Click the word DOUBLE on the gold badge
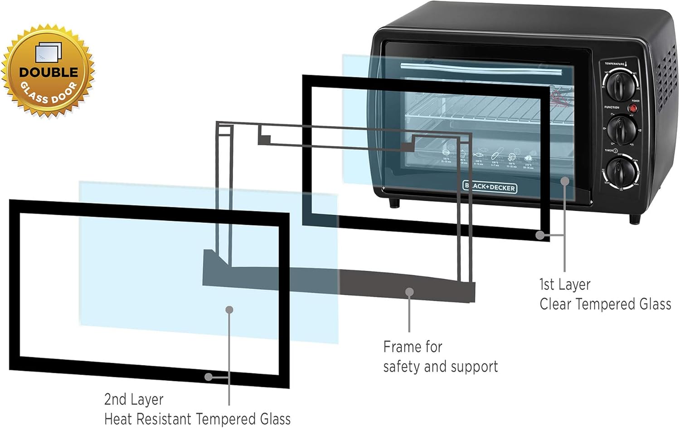(x=48, y=72)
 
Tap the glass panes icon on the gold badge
(x=48, y=52)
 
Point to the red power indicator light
(x=633, y=109)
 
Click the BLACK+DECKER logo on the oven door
(x=490, y=187)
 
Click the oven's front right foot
(x=635, y=219)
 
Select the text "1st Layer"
(x=565, y=284)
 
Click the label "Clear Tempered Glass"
(x=605, y=304)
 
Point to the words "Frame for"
(x=413, y=347)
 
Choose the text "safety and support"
(x=440, y=366)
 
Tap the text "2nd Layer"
(x=134, y=399)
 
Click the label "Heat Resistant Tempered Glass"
(x=197, y=419)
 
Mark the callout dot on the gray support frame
(x=409, y=292)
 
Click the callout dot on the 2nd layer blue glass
(x=229, y=310)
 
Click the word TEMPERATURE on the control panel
(x=614, y=64)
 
